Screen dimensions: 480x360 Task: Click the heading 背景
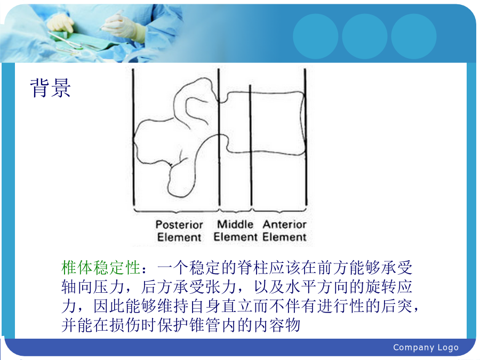[x=51, y=88]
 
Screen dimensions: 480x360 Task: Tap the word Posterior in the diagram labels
[x=179, y=225]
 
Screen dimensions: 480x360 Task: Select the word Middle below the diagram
[x=235, y=224]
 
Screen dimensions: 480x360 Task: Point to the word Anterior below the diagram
[x=284, y=224]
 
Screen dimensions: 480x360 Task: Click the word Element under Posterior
[x=179, y=237]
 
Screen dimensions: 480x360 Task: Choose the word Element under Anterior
[x=284, y=237]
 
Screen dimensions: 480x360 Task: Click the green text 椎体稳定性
[x=101, y=268]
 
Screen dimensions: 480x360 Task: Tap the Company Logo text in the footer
[x=426, y=347]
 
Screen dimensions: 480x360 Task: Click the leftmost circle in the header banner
[x=316, y=36]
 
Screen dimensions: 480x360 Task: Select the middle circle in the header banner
[x=365, y=36]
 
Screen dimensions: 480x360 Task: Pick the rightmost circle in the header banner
[x=414, y=36]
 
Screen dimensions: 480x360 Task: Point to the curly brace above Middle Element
[x=235, y=211]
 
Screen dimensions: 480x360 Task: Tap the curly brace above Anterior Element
[x=279, y=211]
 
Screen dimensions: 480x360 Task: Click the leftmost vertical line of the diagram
[x=133, y=137]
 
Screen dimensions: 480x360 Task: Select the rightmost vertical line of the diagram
[x=306, y=137]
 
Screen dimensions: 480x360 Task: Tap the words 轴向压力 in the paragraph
[x=93, y=287]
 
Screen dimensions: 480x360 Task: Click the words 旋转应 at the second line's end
[x=389, y=287]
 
